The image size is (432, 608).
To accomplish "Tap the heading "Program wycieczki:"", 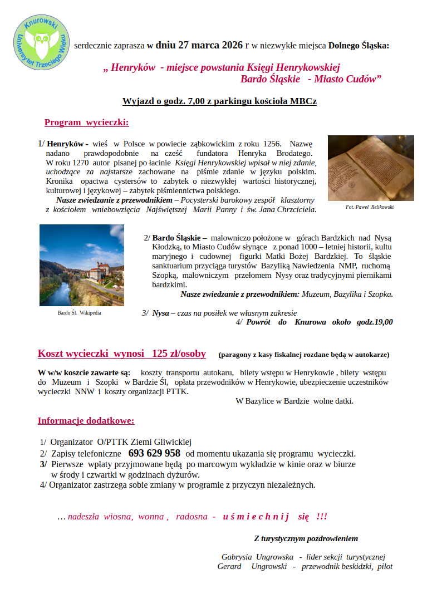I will pyautogui.click(x=86, y=122).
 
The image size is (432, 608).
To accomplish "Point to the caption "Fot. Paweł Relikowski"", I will pyautogui.click(x=369, y=207).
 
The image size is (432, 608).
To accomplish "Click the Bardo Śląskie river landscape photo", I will pyautogui.click(x=81, y=265).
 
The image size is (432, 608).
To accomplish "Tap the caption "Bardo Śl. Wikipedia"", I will pyautogui.click(x=79, y=313).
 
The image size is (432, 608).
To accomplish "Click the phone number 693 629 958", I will pyautogui.click(x=154, y=453).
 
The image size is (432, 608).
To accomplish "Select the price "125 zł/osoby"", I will pyautogui.click(x=178, y=354).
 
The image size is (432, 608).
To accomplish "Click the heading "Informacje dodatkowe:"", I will pyautogui.click(x=86, y=421).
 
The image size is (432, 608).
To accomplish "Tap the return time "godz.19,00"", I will pyautogui.click(x=375, y=322).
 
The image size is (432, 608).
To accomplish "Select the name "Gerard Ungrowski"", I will pyautogui.click(x=252, y=566).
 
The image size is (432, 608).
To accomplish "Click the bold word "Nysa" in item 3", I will pyautogui.click(x=161, y=313).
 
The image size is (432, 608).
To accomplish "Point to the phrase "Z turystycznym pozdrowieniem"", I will pyautogui.click(x=306, y=538).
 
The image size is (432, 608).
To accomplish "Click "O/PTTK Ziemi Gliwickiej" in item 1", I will pyautogui.click(x=144, y=442).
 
